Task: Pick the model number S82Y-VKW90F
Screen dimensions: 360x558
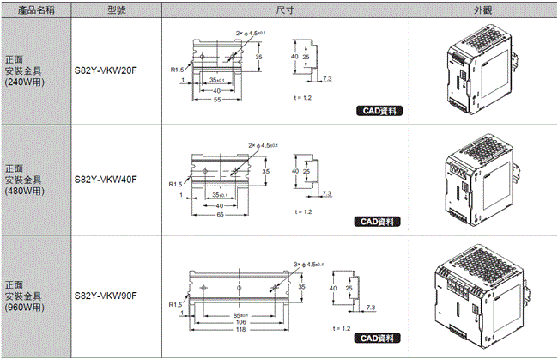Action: coord(106,296)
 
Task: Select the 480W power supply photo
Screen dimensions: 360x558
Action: coord(482,180)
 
